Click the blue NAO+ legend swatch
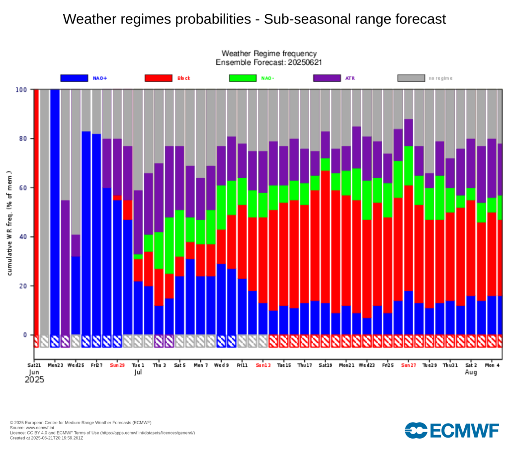pos(75,78)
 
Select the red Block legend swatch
pos(159,78)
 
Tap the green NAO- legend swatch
pos(243,78)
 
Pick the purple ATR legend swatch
pos(327,78)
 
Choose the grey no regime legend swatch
pos(412,78)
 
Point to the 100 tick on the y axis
pos(21,90)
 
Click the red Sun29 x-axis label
pos(117,365)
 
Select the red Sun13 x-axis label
pos(263,365)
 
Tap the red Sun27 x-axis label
pos(409,365)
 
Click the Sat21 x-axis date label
pos(34,365)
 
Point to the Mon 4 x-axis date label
pos(492,365)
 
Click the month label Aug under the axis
pos(471,372)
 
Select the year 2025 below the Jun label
pos(34,380)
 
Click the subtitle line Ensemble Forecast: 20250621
pos(268,62)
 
